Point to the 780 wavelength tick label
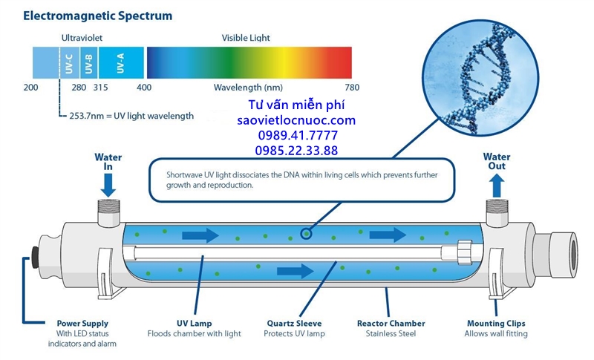point(352,88)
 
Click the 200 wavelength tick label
point(30,88)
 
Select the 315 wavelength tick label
point(100,88)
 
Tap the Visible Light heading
point(246,37)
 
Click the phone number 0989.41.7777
point(296,135)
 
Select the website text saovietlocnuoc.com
point(296,120)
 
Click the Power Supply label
point(82,323)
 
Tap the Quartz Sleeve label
point(295,323)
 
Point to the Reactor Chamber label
point(391,323)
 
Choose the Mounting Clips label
point(497,323)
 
